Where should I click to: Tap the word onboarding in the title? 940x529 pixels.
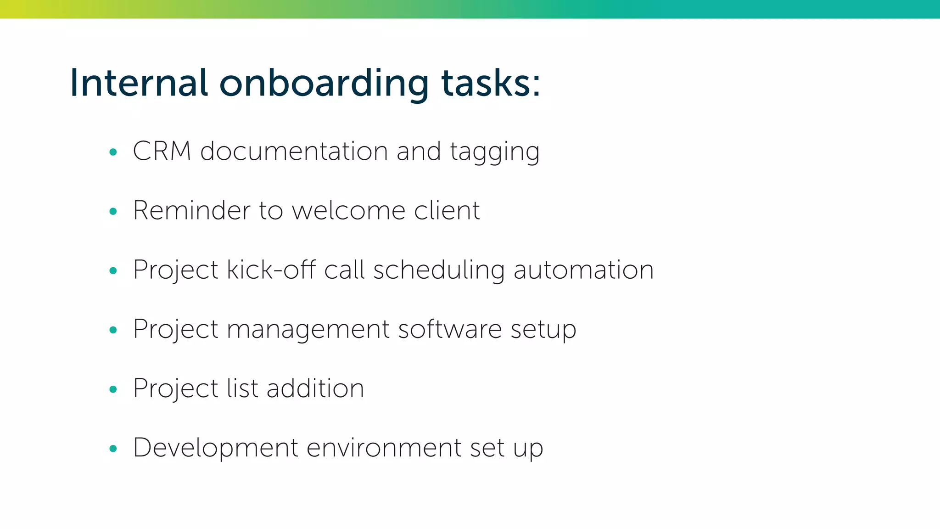[324, 84]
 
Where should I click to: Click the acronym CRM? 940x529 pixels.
[162, 151]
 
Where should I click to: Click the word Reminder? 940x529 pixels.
[191, 210]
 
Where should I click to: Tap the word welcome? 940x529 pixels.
[348, 210]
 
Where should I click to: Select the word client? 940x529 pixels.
[447, 210]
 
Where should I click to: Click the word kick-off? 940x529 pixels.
[271, 270]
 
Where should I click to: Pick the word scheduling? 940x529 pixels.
[439, 270]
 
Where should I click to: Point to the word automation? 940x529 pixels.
[583, 270]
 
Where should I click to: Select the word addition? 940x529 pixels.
[315, 388]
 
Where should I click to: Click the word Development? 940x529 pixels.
[216, 448]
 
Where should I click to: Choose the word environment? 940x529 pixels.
[384, 447]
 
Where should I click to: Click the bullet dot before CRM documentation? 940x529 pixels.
[113, 152]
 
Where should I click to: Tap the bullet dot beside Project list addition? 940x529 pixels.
[113, 389]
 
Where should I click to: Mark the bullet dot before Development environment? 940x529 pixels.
[113, 449]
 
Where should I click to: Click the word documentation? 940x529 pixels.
[294, 151]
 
